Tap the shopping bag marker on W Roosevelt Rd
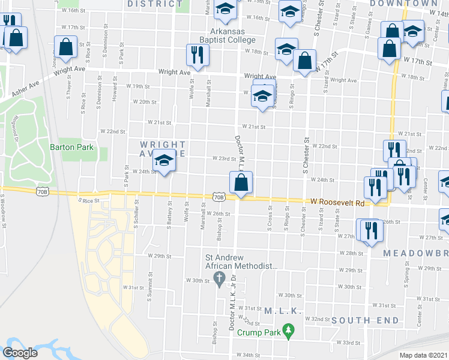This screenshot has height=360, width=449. pos(241,182)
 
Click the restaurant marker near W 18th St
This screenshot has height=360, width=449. pos(197,56)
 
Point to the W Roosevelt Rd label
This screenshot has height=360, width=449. pos(337,203)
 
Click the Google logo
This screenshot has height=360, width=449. pos(20,353)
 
